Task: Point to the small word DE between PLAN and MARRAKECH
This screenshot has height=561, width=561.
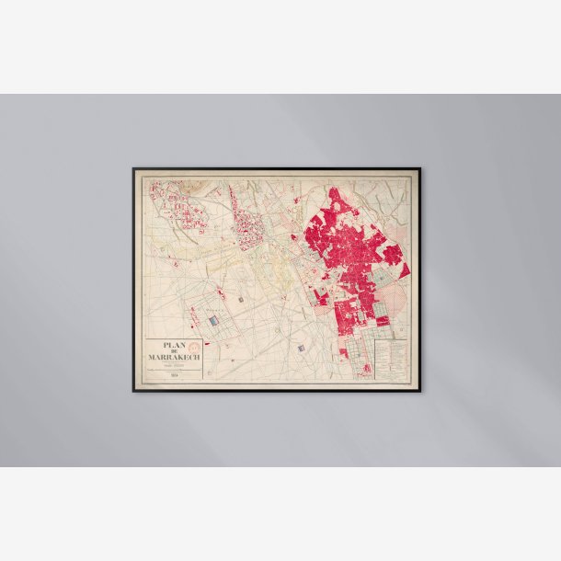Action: click(172, 352)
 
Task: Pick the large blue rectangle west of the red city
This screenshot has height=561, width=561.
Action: click(213, 321)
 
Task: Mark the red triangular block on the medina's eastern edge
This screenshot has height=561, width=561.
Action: click(402, 269)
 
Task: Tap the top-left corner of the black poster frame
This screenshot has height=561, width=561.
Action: click(134, 169)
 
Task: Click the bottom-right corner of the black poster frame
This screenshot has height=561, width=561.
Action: click(419, 391)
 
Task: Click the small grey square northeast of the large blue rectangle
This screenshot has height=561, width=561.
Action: click(241, 299)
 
